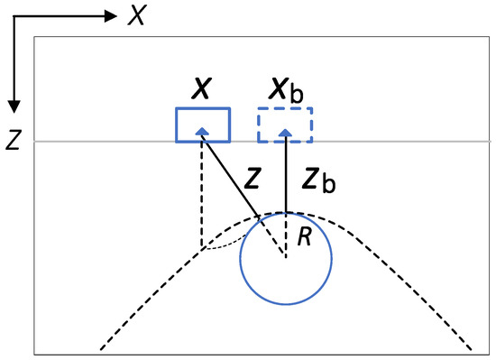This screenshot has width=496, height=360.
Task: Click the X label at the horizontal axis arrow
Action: [x=137, y=16]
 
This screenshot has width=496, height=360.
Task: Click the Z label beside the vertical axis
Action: [x=13, y=140]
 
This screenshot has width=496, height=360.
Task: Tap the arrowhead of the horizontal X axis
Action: [x=111, y=16]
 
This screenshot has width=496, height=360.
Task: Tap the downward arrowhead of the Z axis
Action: [x=14, y=106]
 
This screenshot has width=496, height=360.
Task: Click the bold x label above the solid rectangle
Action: [x=201, y=88]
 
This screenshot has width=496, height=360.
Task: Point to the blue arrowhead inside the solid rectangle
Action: [x=202, y=132]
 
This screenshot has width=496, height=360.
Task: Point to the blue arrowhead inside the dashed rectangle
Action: [x=286, y=133]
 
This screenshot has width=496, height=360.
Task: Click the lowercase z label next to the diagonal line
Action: [x=253, y=179]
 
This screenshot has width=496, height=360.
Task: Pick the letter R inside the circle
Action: [x=305, y=236]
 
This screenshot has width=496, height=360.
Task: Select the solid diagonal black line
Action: [x=231, y=176]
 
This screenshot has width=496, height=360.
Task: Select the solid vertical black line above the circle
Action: [x=286, y=174]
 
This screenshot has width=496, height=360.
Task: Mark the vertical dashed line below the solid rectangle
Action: [x=201, y=194]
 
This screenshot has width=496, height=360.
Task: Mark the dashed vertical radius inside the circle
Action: [x=286, y=235]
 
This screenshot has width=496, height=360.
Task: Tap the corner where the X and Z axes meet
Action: [x=14, y=16]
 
